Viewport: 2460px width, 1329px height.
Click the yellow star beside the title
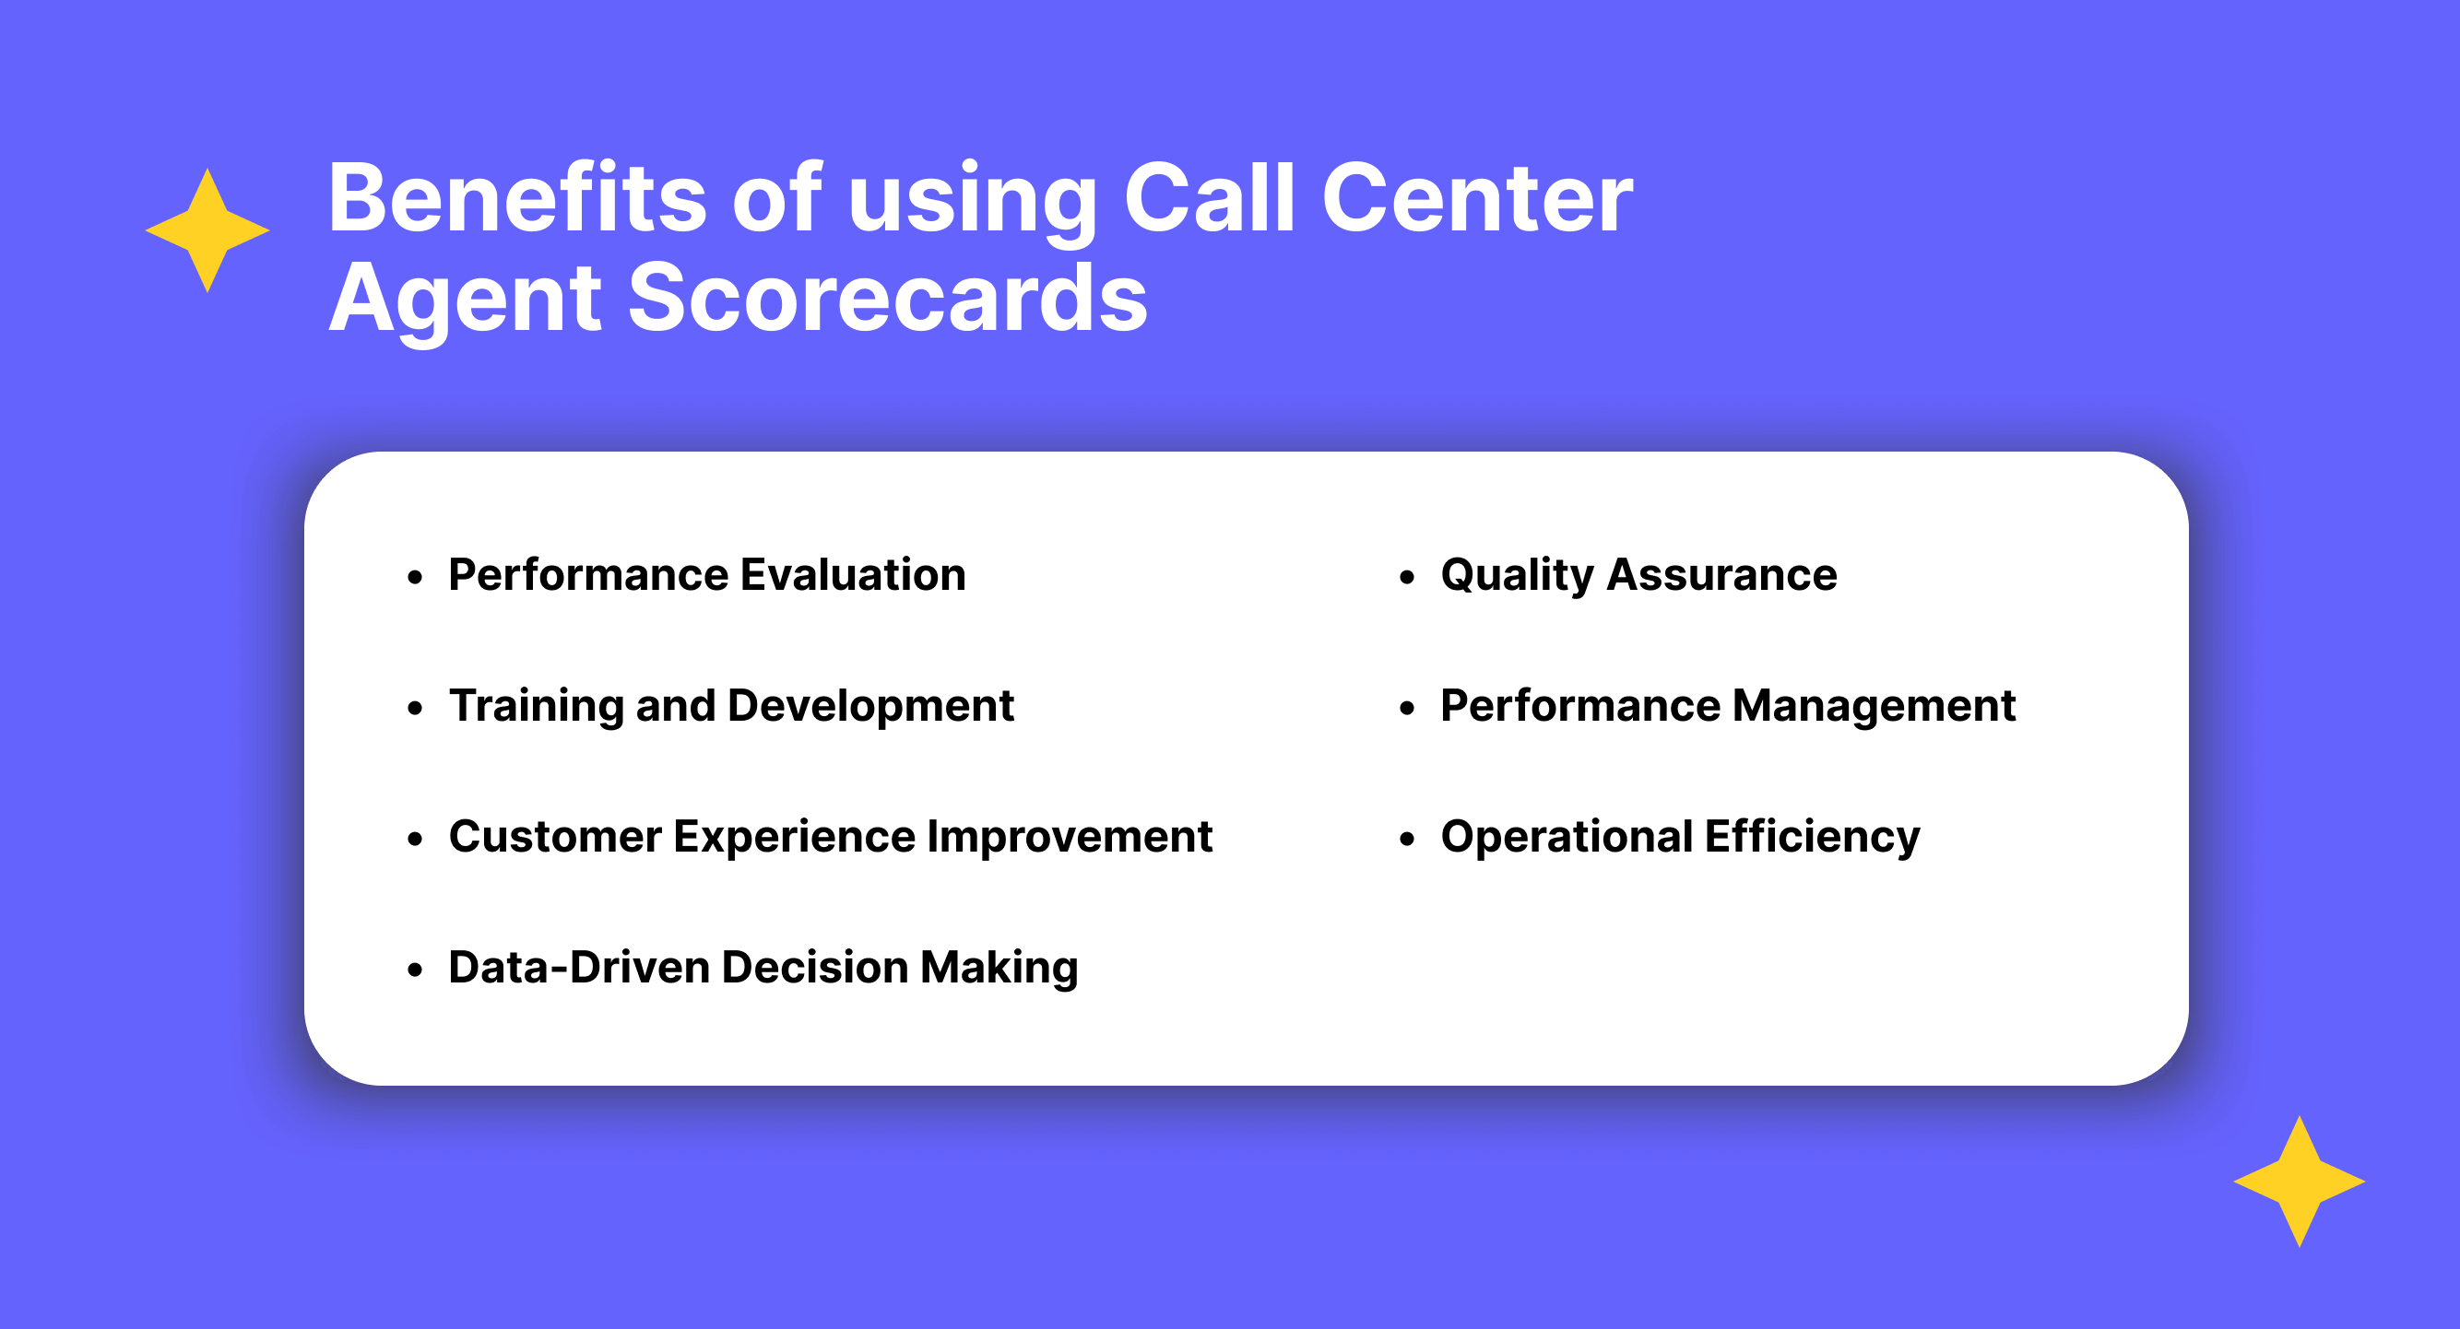point(207,230)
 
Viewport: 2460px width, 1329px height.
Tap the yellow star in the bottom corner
point(2299,1181)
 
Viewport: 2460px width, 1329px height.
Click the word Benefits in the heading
point(516,197)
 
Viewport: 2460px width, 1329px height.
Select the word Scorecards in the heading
point(886,298)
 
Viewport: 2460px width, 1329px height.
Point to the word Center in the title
point(1476,197)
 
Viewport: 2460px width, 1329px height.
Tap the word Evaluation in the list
point(853,575)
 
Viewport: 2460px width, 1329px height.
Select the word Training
point(536,708)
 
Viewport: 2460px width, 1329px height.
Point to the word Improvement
point(1070,839)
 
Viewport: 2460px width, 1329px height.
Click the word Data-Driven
point(579,967)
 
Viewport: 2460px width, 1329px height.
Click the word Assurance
point(1721,575)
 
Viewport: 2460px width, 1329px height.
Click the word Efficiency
point(1812,839)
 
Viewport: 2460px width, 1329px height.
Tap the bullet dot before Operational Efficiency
point(1406,840)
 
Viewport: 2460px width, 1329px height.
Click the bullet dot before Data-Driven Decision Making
point(415,970)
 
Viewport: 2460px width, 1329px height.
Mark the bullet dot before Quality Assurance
point(1406,577)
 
